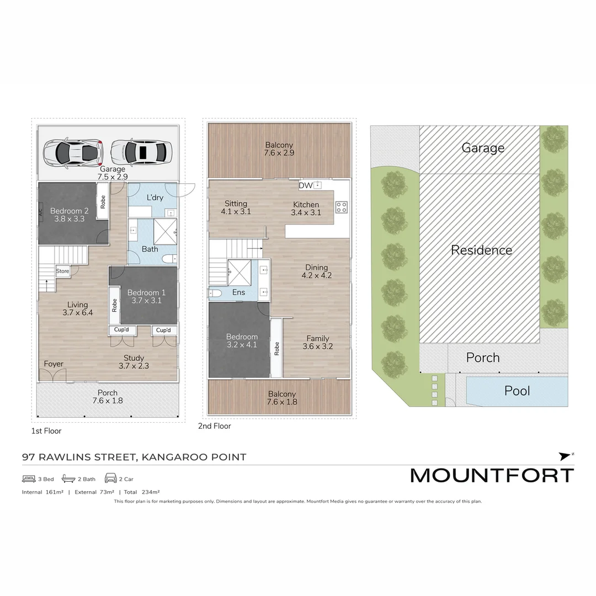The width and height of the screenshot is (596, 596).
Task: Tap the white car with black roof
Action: tap(141, 150)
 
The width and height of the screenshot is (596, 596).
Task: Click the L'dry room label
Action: tap(155, 198)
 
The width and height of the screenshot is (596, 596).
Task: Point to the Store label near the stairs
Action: tap(63, 271)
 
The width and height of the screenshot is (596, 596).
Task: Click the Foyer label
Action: tap(54, 364)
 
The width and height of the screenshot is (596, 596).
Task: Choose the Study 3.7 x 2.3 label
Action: tap(134, 361)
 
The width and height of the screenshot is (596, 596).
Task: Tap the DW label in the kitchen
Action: tap(305, 185)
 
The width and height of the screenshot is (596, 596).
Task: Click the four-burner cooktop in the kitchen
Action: tap(342, 207)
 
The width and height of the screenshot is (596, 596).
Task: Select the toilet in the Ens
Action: tap(215, 292)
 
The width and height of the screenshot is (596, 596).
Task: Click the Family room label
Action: tap(317, 343)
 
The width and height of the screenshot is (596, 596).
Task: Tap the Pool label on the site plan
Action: tap(517, 391)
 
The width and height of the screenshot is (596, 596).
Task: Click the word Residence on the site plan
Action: tap(481, 250)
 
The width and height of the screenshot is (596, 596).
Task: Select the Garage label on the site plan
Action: tap(483, 148)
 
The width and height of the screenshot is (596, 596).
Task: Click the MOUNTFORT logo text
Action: tap(492, 475)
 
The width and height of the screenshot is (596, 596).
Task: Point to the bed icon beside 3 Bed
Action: tap(29, 478)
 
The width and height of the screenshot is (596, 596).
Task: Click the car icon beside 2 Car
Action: tap(110, 478)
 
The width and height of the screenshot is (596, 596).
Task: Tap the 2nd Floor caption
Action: tap(214, 426)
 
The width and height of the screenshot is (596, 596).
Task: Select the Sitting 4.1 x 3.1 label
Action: tap(236, 207)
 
